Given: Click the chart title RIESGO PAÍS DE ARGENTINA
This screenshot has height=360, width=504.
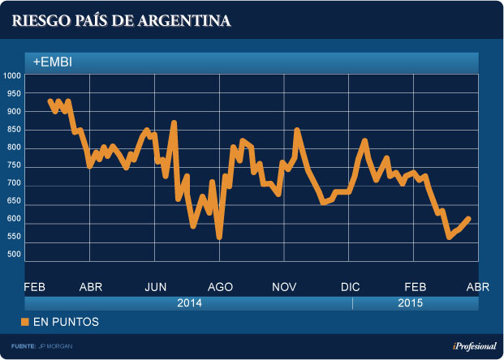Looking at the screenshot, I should (x=121, y=20).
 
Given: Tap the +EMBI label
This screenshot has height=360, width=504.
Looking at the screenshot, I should (x=54, y=61).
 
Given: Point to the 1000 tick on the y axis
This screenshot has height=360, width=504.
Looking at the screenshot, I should (x=12, y=76).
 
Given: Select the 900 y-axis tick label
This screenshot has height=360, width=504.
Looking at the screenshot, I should (x=12, y=112).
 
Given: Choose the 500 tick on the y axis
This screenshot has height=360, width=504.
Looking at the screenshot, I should (x=12, y=255).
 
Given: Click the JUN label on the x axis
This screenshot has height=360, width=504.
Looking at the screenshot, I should (x=156, y=287).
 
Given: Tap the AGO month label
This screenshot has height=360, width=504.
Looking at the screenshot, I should (x=221, y=287).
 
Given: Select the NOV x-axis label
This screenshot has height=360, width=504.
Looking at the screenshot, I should (x=285, y=287).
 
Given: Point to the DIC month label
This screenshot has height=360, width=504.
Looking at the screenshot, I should (x=351, y=287).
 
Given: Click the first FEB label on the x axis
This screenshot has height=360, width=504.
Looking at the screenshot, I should (x=34, y=287).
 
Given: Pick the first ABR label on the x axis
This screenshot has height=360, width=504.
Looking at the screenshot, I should (x=91, y=287).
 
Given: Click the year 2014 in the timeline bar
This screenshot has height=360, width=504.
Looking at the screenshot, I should (x=189, y=303).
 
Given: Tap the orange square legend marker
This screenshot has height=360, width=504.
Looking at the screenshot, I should (x=24, y=322).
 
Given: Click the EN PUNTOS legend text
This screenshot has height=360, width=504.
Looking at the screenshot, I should (x=66, y=322).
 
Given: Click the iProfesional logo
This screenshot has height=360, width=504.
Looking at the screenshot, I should (x=473, y=346).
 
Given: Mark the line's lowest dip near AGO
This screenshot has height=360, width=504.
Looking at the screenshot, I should (x=219, y=236).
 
